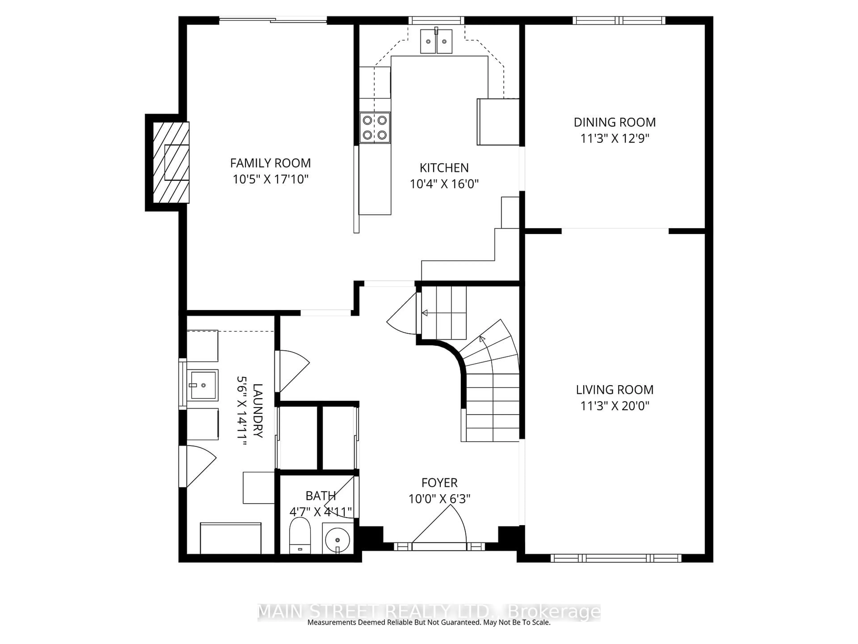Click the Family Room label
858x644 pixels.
(x=270, y=163)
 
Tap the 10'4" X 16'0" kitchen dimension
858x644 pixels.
(x=444, y=184)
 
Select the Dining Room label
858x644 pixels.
(x=614, y=122)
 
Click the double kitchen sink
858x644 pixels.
(x=436, y=41)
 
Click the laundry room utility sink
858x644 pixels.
(x=202, y=385)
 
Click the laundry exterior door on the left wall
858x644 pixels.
(x=197, y=466)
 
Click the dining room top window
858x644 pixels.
(x=619, y=20)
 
